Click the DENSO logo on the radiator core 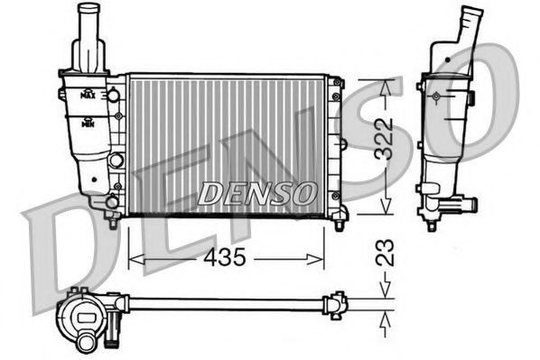256,192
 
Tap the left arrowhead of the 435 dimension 135,259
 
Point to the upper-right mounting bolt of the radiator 337,82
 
